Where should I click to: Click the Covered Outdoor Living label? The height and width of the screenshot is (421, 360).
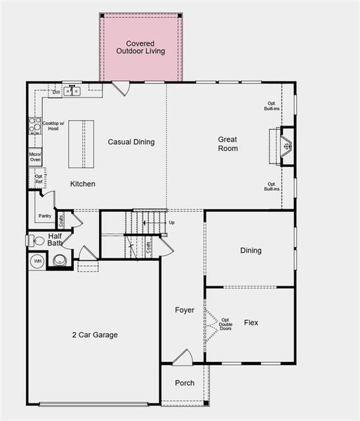(140, 47)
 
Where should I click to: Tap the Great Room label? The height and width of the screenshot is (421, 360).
(227, 144)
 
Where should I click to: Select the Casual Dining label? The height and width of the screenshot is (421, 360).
(131, 142)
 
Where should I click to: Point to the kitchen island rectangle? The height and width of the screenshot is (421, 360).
(81, 144)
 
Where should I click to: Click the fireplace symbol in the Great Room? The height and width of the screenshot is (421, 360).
(285, 147)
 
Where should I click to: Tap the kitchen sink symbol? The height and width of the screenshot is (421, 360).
(72, 91)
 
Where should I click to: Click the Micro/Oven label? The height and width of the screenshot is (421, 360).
(35, 157)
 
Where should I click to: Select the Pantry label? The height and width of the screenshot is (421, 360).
(45, 216)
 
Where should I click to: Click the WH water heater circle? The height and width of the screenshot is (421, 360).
(37, 261)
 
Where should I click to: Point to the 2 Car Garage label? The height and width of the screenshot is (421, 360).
(95, 335)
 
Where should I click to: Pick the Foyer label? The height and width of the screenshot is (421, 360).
(185, 309)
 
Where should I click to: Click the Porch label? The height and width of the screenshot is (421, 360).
(185, 383)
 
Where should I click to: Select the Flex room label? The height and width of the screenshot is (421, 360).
(251, 323)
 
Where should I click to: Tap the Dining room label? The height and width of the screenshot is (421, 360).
(251, 250)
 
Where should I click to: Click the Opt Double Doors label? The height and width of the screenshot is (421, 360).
(225, 325)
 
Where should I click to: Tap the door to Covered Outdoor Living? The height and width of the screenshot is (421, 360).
(121, 88)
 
